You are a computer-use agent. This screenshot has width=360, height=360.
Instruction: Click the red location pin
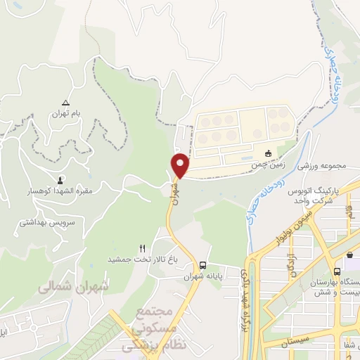(181, 165)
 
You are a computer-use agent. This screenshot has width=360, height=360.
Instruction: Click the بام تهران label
(65, 114)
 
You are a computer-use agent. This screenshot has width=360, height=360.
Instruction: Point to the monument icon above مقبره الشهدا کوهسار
(59, 180)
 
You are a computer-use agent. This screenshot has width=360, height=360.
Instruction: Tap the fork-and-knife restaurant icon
(142, 247)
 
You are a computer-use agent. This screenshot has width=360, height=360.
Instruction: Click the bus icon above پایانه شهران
(202, 266)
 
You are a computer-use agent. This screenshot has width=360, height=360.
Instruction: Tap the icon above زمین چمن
(267, 154)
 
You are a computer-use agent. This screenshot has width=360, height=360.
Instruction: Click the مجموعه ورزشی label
(325, 166)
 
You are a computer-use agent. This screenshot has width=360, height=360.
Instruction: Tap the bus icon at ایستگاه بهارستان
(337, 271)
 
